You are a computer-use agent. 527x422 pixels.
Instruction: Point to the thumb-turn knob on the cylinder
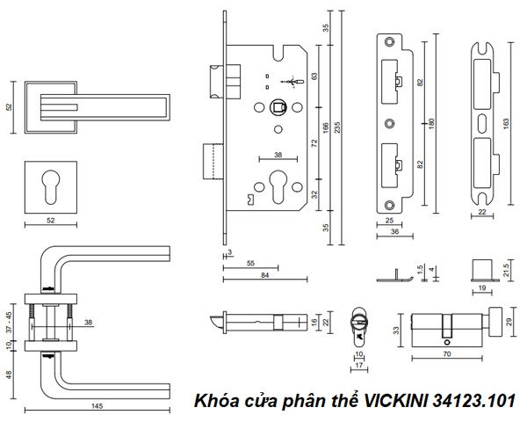tap(497, 316)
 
